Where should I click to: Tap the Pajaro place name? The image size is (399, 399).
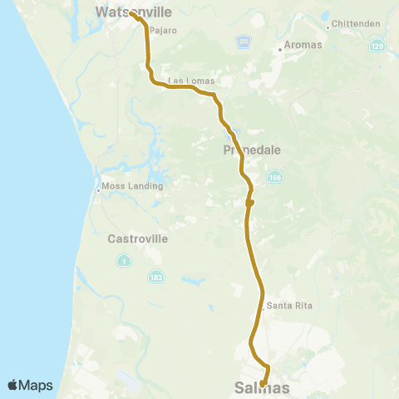(163, 31)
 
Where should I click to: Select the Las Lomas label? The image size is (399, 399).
(191, 81)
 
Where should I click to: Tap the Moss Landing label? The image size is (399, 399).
(131, 186)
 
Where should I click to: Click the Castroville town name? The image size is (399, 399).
(138, 239)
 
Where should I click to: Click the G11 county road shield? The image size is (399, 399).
(243, 41)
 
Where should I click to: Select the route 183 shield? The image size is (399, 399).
(155, 276)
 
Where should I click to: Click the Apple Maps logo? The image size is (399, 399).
(30, 385)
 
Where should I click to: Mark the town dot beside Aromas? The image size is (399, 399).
(280, 50)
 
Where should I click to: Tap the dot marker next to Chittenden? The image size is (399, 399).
(329, 26)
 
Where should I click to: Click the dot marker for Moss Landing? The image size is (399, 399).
(98, 187)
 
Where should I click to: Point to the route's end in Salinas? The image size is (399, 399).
(263, 383)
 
